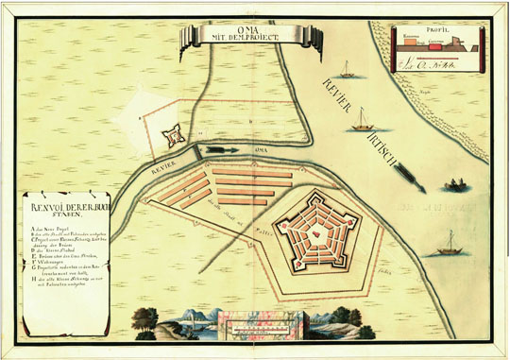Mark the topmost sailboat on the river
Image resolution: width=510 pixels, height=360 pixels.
(x=347, y=69)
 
